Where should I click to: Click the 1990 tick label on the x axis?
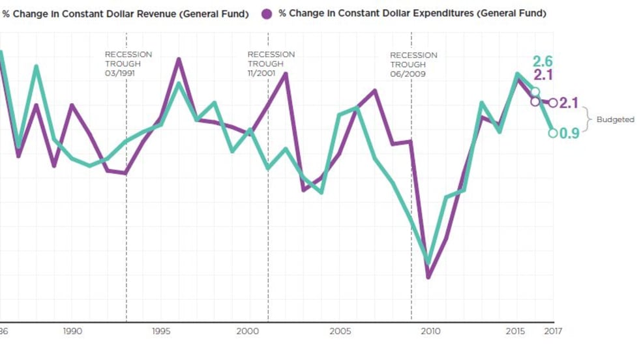[x=72, y=331]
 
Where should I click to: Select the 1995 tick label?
[x=162, y=331]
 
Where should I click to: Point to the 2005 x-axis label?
[x=340, y=331]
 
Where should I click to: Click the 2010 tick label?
[x=430, y=331]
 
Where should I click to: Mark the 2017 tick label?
[x=553, y=331]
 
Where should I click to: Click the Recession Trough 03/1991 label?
[x=128, y=64]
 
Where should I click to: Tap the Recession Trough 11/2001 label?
[x=271, y=64]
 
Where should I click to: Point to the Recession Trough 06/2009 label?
[x=414, y=65]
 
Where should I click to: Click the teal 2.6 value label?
[x=542, y=62]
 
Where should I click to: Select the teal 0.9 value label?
[x=570, y=134]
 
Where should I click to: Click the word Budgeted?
[x=615, y=120]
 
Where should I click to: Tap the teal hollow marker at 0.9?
[x=553, y=133]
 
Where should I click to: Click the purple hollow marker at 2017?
[x=553, y=103]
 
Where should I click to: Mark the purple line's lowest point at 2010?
[x=428, y=277]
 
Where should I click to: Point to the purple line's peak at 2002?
[x=286, y=74]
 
